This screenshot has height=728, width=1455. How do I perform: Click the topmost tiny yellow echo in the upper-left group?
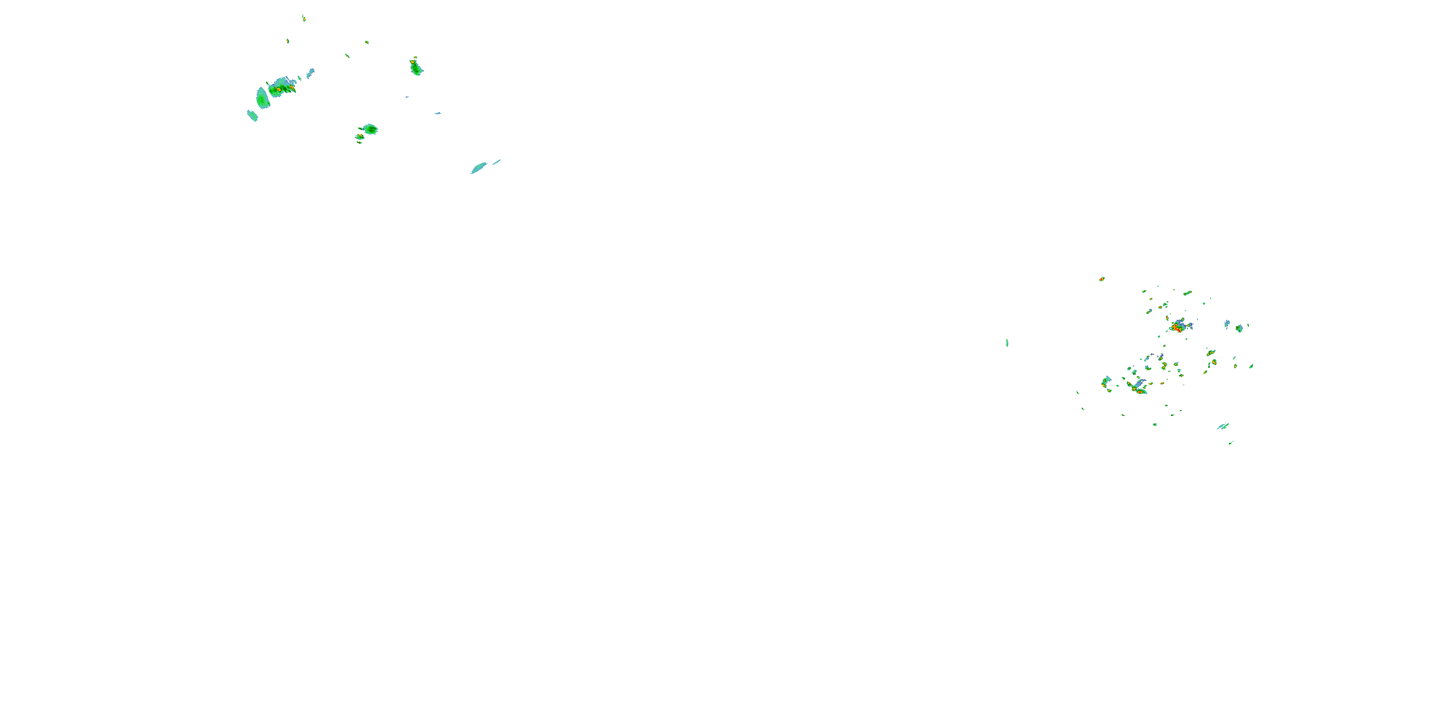pos(304,18)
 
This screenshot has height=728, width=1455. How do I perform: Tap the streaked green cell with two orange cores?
pos(281,88)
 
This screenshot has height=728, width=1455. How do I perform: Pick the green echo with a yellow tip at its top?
pos(416,67)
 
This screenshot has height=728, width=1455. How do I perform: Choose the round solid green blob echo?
pos(371,129)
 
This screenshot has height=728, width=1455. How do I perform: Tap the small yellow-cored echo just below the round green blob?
pos(359,137)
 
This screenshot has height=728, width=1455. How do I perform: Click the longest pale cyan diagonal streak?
pos(479,167)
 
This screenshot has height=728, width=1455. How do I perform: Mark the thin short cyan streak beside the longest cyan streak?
pos(497,162)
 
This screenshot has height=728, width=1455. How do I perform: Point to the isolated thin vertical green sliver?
pos(1007,343)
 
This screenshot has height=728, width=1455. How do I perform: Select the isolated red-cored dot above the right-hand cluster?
pos(1101,279)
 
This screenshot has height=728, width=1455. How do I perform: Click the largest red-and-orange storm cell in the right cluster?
pos(1178,327)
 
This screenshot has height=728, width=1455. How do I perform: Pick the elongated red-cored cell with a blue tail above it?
pos(1138,388)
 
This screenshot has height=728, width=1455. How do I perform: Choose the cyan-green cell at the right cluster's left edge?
pos(1105,381)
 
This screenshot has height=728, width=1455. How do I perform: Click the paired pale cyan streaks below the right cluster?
pos(1223,426)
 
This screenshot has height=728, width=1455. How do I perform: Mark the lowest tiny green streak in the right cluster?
pos(1231,443)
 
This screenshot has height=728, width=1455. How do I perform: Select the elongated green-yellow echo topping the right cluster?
pos(1187,293)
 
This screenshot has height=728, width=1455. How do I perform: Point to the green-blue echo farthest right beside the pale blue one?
pos(1239,328)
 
